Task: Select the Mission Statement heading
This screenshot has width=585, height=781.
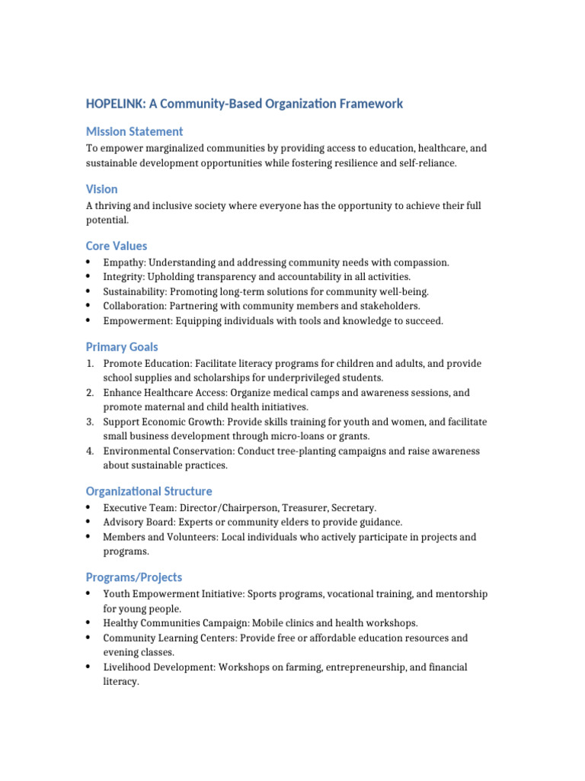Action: (134, 131)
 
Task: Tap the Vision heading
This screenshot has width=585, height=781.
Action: (101, 188)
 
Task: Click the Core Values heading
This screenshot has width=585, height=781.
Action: (117, 246)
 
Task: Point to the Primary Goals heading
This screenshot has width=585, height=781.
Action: (122, 346)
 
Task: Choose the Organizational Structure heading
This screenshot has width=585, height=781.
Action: (149, 491)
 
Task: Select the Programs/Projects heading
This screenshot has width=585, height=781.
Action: (133, 577)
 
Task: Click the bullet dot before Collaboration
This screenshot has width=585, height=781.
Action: (89, 306)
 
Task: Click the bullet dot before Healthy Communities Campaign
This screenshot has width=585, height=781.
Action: (89, 623)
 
